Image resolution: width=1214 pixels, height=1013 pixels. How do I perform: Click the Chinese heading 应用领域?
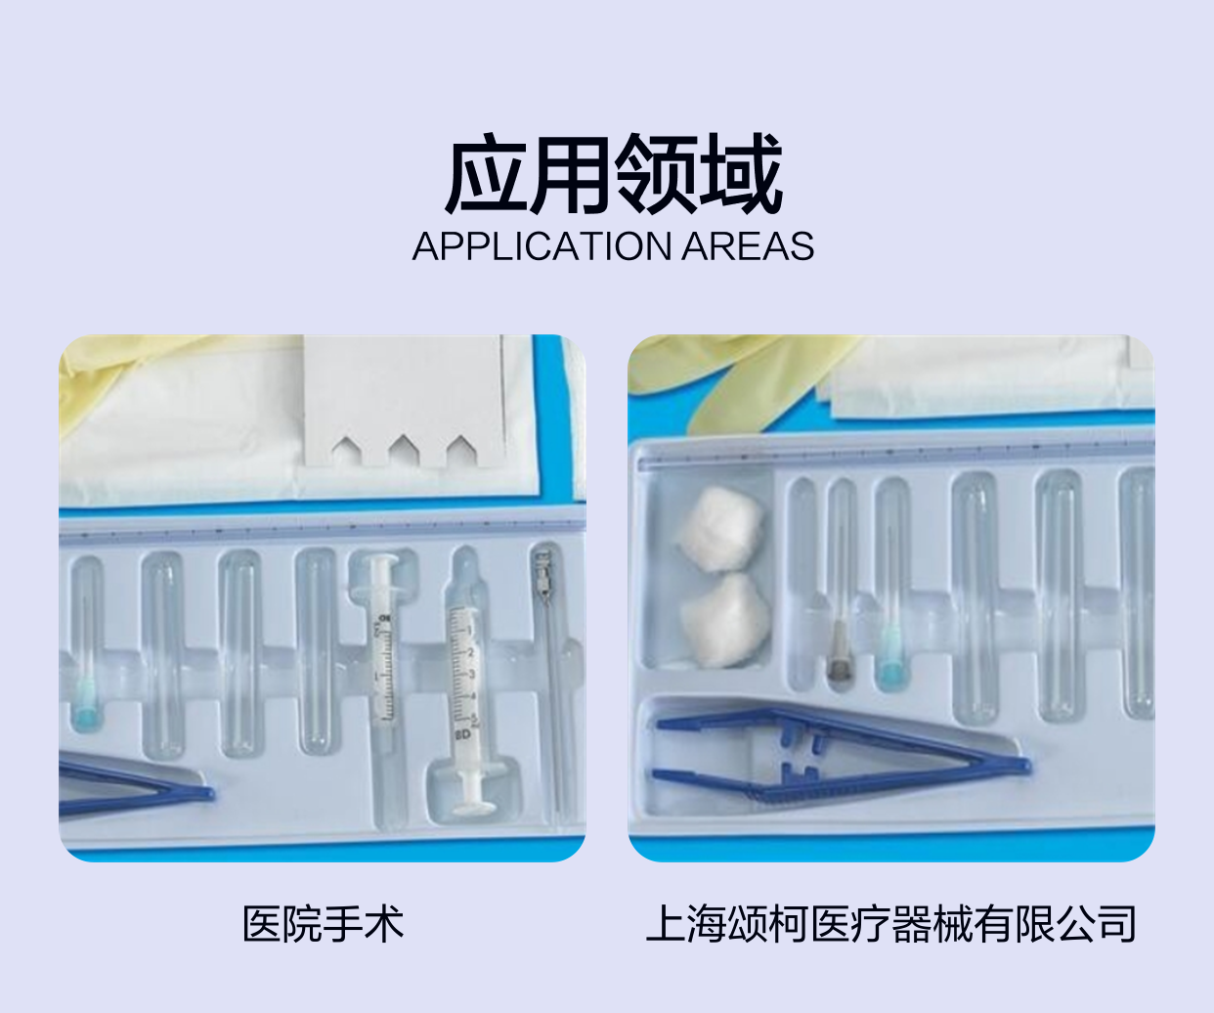tap(613, 173)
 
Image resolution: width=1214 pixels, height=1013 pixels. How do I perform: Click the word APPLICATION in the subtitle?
tap(542, 246)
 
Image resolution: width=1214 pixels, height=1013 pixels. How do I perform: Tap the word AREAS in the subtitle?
tap(748, 246)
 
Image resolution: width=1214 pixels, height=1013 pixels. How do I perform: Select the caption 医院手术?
tap(323, 924)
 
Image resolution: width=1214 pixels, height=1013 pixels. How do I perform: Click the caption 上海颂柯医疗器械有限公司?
tap(891, 924)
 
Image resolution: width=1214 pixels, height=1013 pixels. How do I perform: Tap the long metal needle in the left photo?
tap(550, 681)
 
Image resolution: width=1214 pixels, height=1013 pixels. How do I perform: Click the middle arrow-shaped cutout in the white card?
tap(404, 450)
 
